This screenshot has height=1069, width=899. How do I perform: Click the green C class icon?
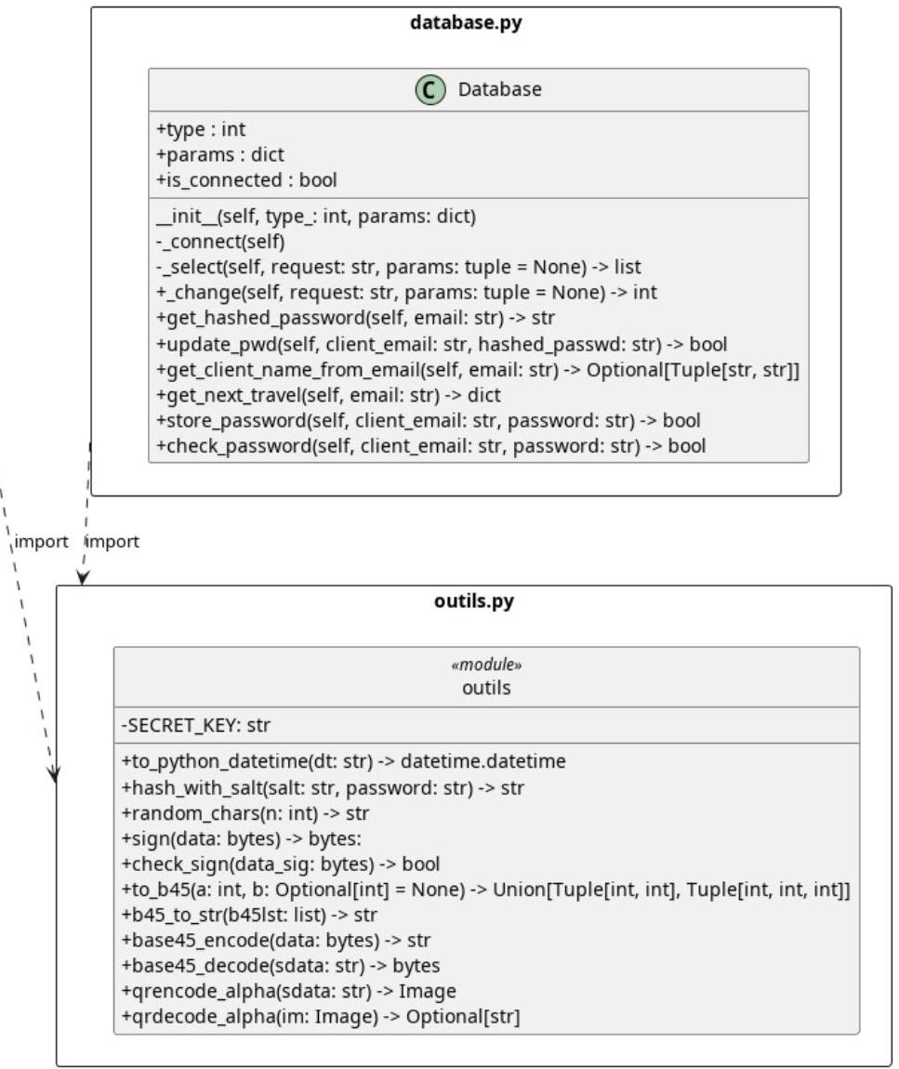(x=430, y=89)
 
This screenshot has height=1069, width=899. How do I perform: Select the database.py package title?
(x=466, y=22)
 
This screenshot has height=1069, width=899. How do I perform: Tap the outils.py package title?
(x=474, y=601)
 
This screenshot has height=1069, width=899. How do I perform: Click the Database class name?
(x=499, y=89)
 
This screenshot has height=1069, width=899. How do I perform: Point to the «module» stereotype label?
(x=486, y=665)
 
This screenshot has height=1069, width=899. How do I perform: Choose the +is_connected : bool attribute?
(x=246, y=180)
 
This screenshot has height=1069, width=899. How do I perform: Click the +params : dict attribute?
(x=219, y=154)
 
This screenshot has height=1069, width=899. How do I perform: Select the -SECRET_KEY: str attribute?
(x=195, y=725)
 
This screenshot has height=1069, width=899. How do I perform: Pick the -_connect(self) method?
(x=220, y=242)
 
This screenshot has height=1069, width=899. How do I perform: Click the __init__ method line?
(x=316, y=216)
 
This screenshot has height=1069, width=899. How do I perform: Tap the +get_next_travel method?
(x=328, y=395)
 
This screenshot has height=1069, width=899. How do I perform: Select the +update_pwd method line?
(x=442, y=344)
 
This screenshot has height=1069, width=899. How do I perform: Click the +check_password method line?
(x=430, y=446)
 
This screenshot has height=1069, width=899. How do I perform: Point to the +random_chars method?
(x=245, y=813)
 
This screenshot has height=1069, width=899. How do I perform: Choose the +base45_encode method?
(x=275, y=941)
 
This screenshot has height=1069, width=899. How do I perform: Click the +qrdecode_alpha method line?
(x=321, y=1017)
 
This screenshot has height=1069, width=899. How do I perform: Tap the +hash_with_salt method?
(x=322, y=788)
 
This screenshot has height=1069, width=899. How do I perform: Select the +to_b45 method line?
(x=485, y=890)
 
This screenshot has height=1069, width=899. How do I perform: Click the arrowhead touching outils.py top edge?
(x=82, y=579)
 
